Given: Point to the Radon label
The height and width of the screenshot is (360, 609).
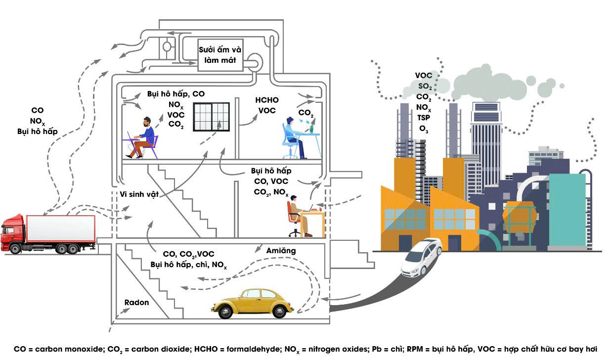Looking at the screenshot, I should click(x=136, y=302).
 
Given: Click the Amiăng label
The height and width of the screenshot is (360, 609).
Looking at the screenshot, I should click(x=280, y=250).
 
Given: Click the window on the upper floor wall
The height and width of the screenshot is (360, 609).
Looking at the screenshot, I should click(x=211, y=117).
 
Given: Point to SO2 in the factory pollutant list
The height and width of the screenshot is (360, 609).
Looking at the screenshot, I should click(x=424, y=87).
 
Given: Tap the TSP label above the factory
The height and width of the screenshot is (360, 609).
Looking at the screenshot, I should click(x=424, y=118).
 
